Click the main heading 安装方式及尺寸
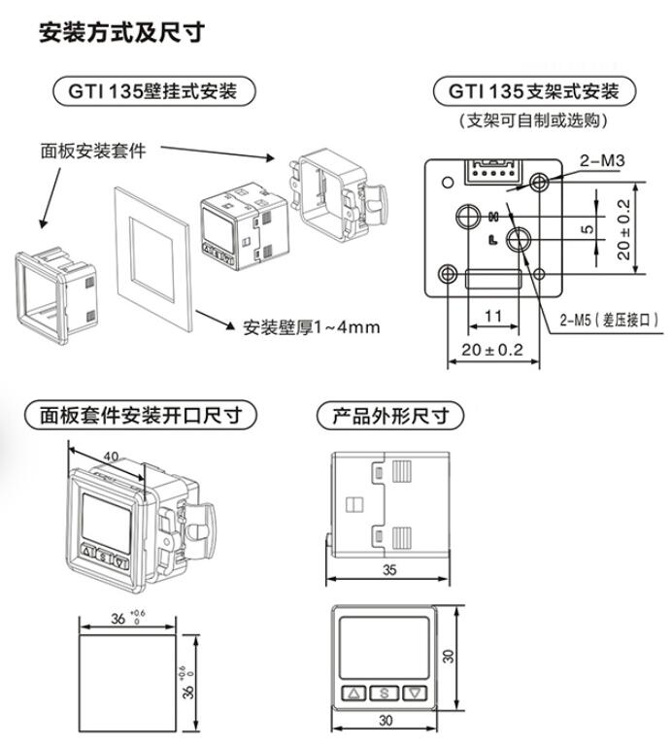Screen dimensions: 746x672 click(x=120, y=33)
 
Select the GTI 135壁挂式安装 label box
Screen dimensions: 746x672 click(x=153, y=92)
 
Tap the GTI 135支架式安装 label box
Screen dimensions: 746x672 click(x=533, y=92)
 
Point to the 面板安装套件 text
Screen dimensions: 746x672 click(x=92, y=151)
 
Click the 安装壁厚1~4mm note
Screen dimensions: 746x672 click(x=311, y=326)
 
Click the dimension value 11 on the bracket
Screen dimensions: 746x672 click(x=492, y=315)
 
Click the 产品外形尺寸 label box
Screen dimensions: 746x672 click(x=390, y=416)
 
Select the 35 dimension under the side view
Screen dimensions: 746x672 click(x=388, y=570)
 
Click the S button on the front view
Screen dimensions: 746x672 click(x=384, y=694)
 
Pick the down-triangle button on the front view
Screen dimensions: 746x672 click(x=415, y=694)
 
